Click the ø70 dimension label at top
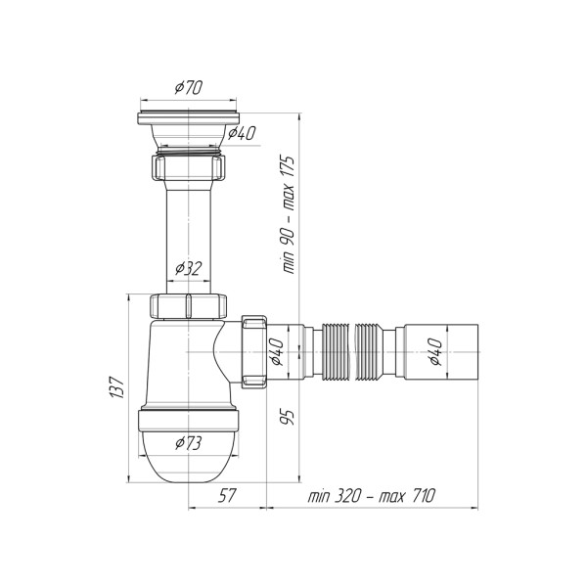pyautogui.click(x=188, y=88)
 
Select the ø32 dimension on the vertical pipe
pyautogui.click(x=188, y=268)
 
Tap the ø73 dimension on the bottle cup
pyautogui.click(x=188, y=443)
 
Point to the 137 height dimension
pyautogui.click(x=117, y=387)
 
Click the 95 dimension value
pyautogui.click(x=288, y=417)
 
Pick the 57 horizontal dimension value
pyautogui.click(x=227, y=496)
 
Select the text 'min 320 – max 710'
pyautogui.click(x=372, y=496)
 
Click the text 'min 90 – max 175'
pyautogui.click(x=288, y=214)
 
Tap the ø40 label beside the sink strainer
pyautogui.click(x=242, y=133)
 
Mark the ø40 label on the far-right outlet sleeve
pyautogui.click(x=435, y=351)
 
